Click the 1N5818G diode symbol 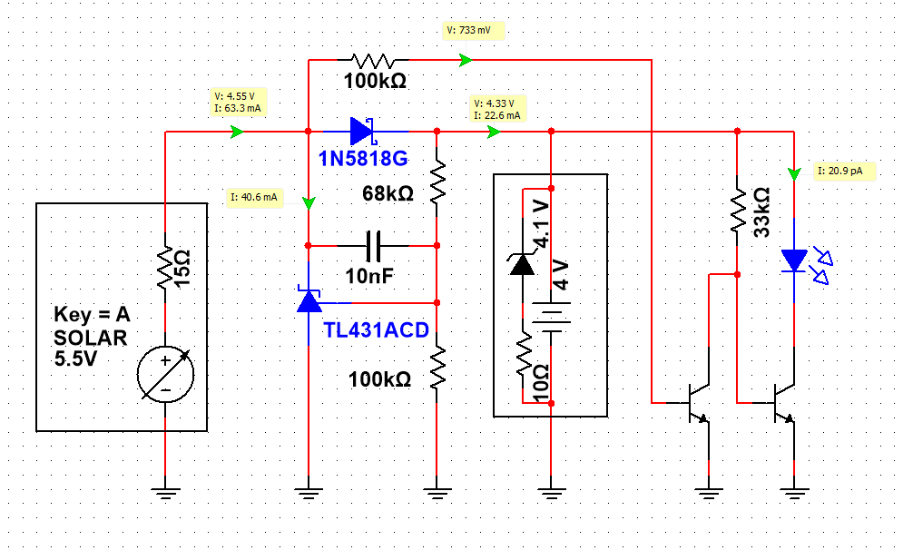coord(363,132)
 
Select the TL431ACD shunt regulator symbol coord(309,300)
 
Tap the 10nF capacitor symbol coord(373,246)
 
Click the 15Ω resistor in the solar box coord(165,268)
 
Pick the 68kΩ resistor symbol coord(437,182)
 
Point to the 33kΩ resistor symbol coord(737,211)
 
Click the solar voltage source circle coord(166,375)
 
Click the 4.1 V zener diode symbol coord(523,263)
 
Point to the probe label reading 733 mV coord(474,31)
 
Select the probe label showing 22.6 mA coord(497,110)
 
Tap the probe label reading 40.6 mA coord(254,198)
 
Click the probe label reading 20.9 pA coord(844,172)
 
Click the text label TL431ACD coord(376,330)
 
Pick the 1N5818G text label coord(363,159)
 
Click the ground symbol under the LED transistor coord(794,494)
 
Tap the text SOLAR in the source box coord(91,338)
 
